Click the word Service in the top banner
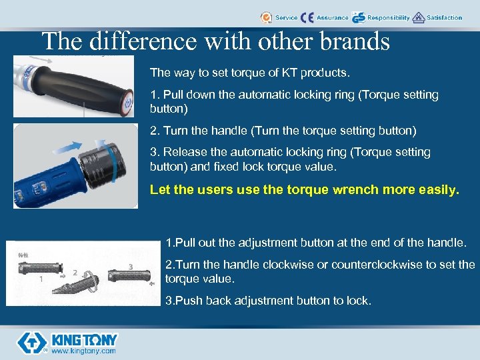pos(287,18)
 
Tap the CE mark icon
pos(307,18)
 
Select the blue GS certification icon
pos(359,18)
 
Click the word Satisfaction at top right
pos(445,18)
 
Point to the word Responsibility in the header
pos(389,18)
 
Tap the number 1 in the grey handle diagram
pos(41,279)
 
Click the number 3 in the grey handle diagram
pos(131,266)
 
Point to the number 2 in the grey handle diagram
pos(75,272)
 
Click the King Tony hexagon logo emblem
pos(31,341)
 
